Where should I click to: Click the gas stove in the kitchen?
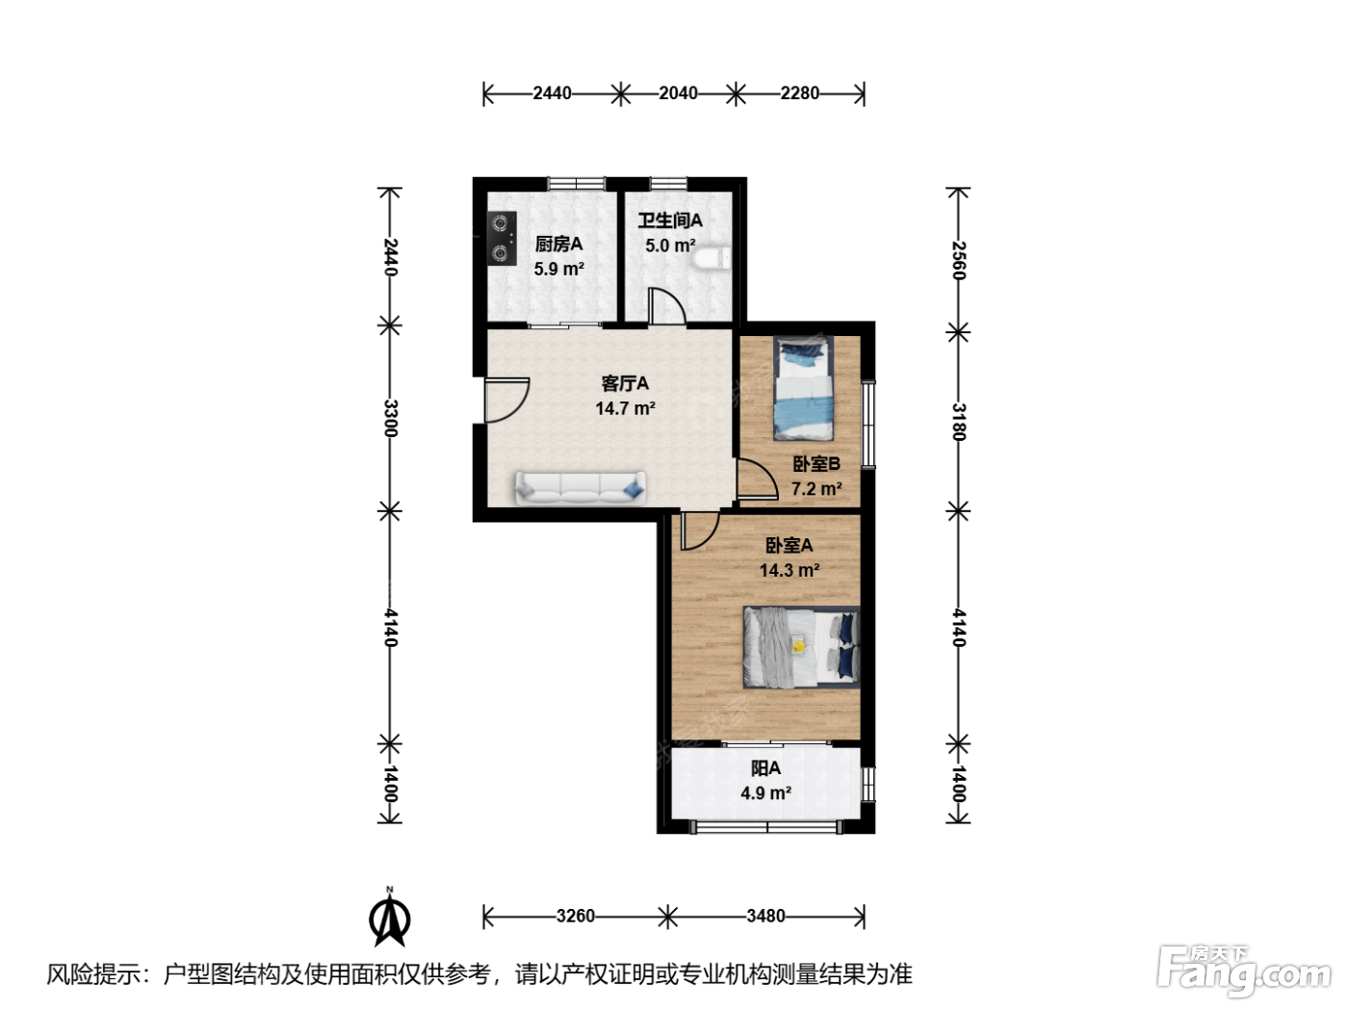pos(502,238)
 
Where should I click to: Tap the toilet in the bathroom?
pos(712,258)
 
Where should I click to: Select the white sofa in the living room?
pos(581,488)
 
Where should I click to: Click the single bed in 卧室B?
pos(804,389)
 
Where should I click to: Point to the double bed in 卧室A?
pos(801,647)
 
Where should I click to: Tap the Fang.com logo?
pos(1244,972)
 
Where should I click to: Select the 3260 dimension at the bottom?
pos(576,916)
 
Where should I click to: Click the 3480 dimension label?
pos(765,916)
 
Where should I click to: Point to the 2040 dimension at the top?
pos(678,93)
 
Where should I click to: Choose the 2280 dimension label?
pos(799,93)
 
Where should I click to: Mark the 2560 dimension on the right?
pos(959,260)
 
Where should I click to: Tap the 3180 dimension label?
pos(959,422)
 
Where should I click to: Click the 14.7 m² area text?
pos(625,408)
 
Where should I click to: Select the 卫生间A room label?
pos(669,220)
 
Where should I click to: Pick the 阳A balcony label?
pos(765,768)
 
